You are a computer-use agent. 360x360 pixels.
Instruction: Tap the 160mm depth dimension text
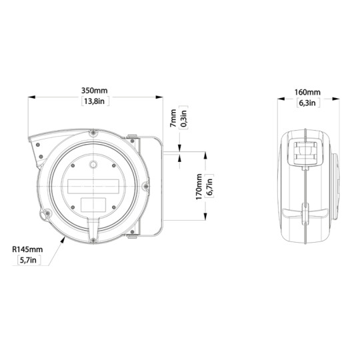307,91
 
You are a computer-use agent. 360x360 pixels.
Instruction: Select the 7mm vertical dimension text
173,119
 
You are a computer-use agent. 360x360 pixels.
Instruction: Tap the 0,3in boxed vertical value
184,119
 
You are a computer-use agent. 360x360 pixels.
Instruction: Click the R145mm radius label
27,249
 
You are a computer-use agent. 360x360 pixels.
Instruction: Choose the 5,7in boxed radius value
27,260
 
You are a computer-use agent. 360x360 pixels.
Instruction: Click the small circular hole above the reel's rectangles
94,163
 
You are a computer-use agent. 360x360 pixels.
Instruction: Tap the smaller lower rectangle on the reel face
93,203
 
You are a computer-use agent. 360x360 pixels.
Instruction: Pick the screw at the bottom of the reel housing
93,233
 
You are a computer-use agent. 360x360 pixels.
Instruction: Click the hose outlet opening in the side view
304,152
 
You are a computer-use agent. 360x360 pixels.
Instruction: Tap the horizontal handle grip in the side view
305,215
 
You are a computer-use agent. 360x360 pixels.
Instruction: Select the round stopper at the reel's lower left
46,215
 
